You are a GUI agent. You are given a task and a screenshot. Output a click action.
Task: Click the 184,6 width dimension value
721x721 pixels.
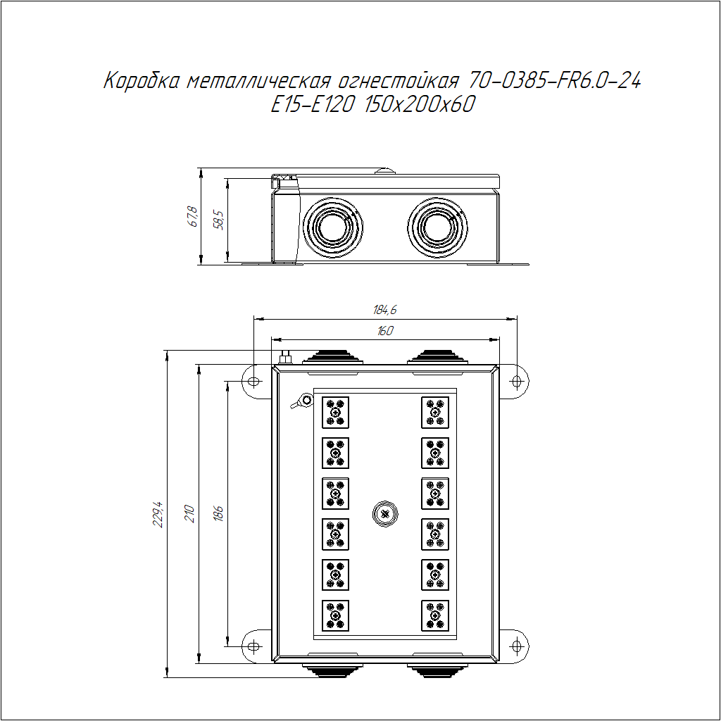point(385,311)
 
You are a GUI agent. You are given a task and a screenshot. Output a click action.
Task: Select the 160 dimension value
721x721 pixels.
point(385,331)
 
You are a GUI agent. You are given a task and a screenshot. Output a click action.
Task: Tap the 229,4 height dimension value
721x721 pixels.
point(158,514)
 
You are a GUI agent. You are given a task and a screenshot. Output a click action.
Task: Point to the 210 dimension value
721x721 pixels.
point(189,513)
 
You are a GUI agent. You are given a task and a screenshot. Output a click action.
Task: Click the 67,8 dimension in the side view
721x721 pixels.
point(193,217)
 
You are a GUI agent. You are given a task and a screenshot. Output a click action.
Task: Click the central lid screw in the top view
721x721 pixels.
point(385,514)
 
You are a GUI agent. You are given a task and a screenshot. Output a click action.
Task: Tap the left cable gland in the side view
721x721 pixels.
point(333,227)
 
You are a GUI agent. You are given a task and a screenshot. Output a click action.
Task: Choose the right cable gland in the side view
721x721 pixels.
point(437,227)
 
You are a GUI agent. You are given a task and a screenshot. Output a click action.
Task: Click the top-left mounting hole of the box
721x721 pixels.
point(253,381)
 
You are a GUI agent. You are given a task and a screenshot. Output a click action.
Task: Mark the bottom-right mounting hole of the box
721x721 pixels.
point(517,646)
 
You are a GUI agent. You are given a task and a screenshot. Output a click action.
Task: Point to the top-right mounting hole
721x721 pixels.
point(517,381)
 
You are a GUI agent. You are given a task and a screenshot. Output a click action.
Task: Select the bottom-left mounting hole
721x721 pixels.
point(253,646)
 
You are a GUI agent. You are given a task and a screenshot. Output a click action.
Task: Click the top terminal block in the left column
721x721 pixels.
point(335,413)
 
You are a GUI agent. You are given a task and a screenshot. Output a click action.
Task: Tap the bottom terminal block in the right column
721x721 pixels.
point(435,615)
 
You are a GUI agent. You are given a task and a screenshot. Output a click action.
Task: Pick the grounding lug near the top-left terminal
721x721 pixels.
point(301,401)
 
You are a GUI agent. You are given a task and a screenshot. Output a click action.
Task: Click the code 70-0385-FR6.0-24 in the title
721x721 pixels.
point(554,81)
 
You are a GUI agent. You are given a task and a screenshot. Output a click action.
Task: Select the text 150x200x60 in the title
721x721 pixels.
point(419,104)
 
